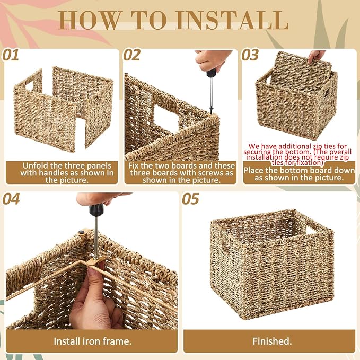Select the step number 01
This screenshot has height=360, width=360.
pyautogui.click(x=11, y=55)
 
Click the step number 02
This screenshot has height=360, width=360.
pyautogui.click(x=131, y=55)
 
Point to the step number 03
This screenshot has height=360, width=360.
pyautogui.click(x=250, y=55)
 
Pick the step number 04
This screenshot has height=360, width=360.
pyautogui.click(x=11, y=199)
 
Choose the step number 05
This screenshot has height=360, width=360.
pyautogui.click(x=190, y=199)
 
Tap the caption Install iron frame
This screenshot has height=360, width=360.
pyautogui.click(x=93, y=341)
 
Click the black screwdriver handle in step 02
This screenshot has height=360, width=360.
pyautogui.click(x=211, y=73)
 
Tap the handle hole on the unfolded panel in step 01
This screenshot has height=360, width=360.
pyautogui.click(x=30, y=85)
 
